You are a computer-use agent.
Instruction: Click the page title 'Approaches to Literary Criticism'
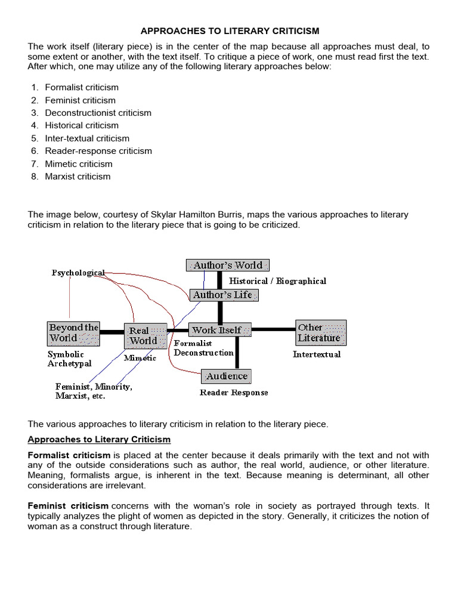pyautogui.click(x=230, y=30)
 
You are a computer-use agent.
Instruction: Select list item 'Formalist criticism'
pyautogui.click(x=82, y=87)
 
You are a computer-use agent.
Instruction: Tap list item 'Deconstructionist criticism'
pyautogui.click(x=98, y=113)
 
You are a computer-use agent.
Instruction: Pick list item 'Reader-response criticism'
pyautogui.click(x=98, y=151)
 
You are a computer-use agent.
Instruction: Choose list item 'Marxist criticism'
pyautogui.click(x=78, y=177)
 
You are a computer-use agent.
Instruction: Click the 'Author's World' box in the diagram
pyautogui.click(x=228, y=265)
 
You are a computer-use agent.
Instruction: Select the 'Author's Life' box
pyautogui.click(x=224, y=295)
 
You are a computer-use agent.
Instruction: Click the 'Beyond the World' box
pyautogui.click(x=73, y=332)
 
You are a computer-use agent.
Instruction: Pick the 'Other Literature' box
pyautogui.click(x=320, y=332)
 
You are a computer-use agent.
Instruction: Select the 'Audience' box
pyautogui.click(x=226, y=377)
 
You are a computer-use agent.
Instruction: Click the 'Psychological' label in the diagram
pyautogui.click(x=78, y=273)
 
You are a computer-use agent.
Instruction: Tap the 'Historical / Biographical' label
pyautogui.click(x=278, y=280)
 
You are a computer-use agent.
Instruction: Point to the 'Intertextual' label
pyautogui.click(x=317, y=354)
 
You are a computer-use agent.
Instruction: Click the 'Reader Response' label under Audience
pyautogui.click(x=234, y=393)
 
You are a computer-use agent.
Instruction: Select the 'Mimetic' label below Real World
pyautogui.click(x=140, y=358)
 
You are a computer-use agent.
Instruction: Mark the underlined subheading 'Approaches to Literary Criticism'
pyautogui.click(x=99, y=439)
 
